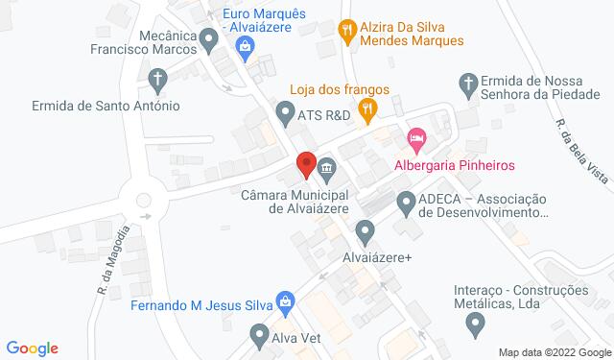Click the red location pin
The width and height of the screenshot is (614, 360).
(x=306, y=164)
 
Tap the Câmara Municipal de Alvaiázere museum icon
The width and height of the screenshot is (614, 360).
(x=327, y=171)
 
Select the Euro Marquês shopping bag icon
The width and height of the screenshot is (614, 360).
(x=246, y=48)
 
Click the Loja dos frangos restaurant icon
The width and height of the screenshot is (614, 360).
(x=366, y=110)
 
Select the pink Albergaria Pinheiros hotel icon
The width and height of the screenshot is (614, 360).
(x=415, y=139)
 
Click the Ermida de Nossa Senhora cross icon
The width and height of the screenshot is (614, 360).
(x=469, y=83)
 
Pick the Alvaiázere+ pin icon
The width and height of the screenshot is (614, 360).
(x=365, y=230)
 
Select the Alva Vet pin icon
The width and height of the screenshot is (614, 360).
(x=259, y=336)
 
